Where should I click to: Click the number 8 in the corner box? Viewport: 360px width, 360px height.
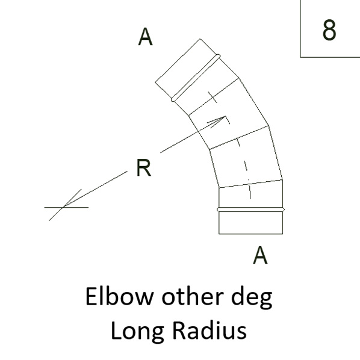click(329, 29)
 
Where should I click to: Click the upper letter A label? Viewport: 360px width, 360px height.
click(145, 37)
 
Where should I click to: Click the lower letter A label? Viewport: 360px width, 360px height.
click(260, 255)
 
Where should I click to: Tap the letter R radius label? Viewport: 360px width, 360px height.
click(144, 167)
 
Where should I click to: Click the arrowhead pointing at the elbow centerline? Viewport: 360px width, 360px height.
click(218, 121)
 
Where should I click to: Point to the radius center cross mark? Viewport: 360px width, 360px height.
click(63, 207)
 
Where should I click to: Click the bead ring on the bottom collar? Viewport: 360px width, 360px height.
click(250, 209)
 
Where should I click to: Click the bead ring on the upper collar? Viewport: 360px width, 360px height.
click(196, 78)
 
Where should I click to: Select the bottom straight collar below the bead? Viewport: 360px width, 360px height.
click(250, 223)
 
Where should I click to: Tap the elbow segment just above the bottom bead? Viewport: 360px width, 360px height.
click(250, 194)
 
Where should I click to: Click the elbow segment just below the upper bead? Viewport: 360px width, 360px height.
click(206, 87)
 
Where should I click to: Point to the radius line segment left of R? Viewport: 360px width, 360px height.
click(95, 189)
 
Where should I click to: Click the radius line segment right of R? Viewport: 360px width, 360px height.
click(193, 135)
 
